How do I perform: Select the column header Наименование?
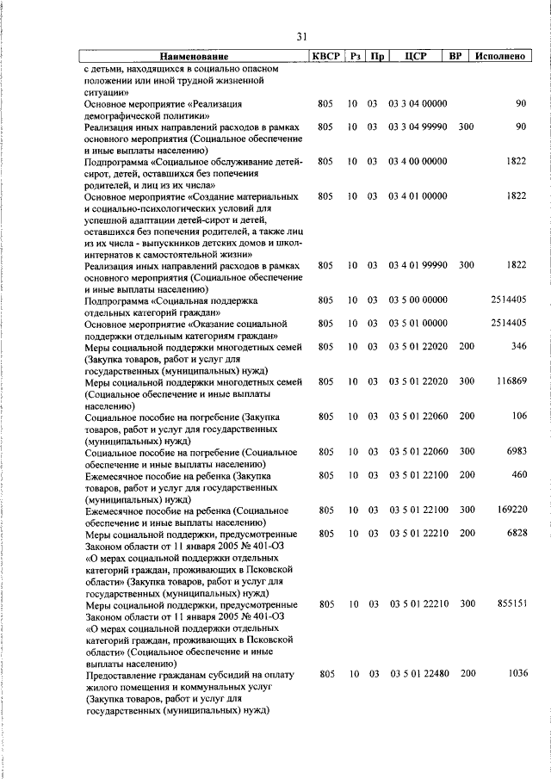pos(194,56)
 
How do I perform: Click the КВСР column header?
pos(325,56)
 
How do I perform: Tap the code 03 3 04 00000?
pos(418,103)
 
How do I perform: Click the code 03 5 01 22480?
pos(418,674)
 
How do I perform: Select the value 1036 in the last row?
pos(517,674)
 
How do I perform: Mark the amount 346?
pos(518,347)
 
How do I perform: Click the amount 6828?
pos(515,534)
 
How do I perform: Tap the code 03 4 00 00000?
pos(418,161)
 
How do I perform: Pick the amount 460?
pos(518,475)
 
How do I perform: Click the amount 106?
pos(518,417)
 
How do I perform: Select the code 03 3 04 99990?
pos(418,127)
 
